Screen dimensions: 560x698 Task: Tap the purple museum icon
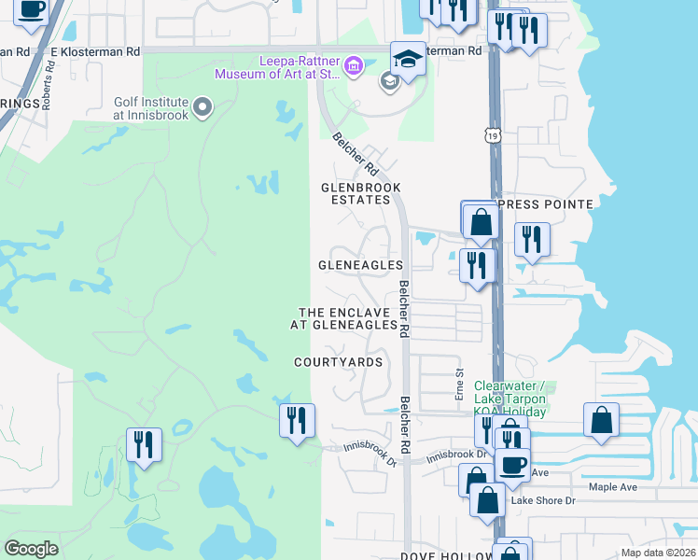point(353,65)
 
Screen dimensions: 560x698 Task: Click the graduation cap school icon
point(408,59)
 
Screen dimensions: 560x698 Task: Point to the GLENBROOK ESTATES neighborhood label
point(355,193)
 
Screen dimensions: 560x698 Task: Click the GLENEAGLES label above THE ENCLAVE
point(360,265)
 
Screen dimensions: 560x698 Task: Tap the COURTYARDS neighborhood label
point(338,361)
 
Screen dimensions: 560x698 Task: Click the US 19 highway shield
point(493,135)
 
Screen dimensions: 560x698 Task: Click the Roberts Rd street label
point(50,87)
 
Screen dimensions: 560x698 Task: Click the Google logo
point(31,549)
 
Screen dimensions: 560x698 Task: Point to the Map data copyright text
point(658,553)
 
